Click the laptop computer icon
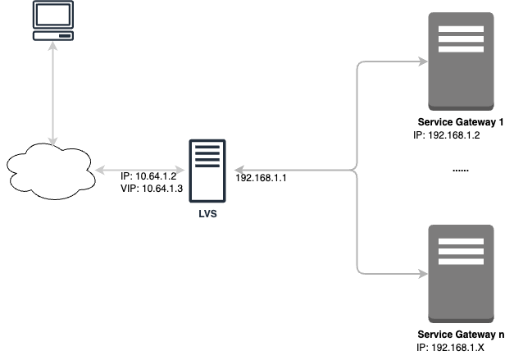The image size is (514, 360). tap(52, 21)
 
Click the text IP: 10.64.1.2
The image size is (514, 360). tap(148, 176)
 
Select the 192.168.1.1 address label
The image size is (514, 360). tap(261, 177)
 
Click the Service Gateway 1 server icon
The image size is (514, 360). tap(461, 62)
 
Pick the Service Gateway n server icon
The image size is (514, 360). tap(461, 273)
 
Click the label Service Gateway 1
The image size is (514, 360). tap(461, 123)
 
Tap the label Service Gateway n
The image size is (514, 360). tap(461, 335)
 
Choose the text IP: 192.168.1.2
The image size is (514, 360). tap(448, 135)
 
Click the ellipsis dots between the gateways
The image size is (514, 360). tap(460, 171)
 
